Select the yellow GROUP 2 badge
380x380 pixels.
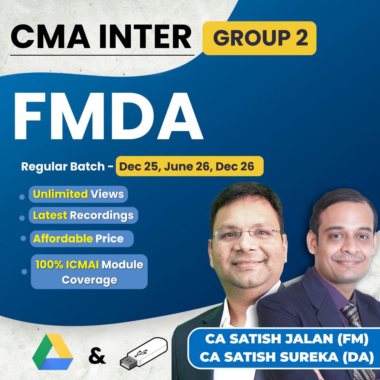pyautogui.click(x=259, y=38)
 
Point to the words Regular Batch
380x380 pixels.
pyautogui.click(x=63, y=166)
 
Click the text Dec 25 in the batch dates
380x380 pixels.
pyautogui.click(x=138, y=166)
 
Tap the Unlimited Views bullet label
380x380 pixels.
pyautogui.click(x=78, y=194)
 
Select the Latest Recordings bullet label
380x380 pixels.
pyautogui.click(x=83, y=215)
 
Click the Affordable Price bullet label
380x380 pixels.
pyautogui.click(x=81, y=239)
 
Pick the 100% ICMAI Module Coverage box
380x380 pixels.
pyautogui.click(x=89, y=272)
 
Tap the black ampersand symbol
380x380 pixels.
pyautogui.click(x=97, y=356)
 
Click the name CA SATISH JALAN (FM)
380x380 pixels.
pyautogui.click(x=286, y=339)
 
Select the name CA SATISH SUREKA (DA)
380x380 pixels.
pyautogui.click(x=286, y=357)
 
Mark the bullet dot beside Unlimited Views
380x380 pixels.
pyautogui.click(x=22, y=197)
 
